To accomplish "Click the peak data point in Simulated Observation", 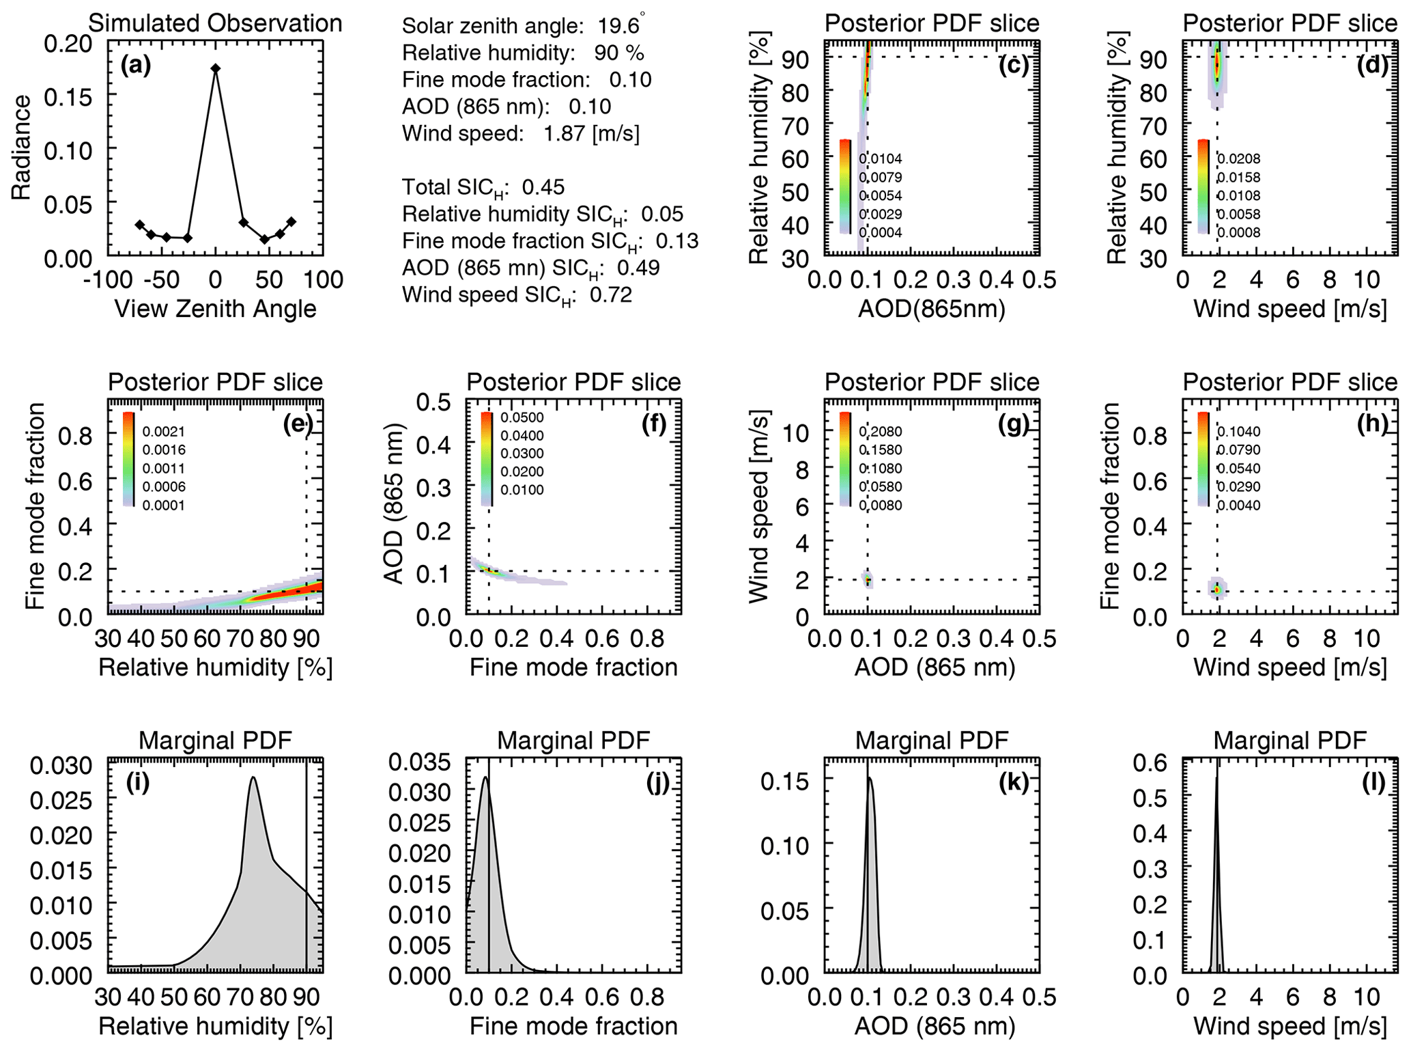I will click(216, 68).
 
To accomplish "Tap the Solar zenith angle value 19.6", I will click(618, 26).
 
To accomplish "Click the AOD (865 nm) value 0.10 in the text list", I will click(590, 107).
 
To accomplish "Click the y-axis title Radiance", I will click(22, 148).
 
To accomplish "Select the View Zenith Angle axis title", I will click(215, 309).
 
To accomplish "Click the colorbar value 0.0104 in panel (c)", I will click(881, 159).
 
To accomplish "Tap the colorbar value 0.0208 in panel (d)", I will click(1239, 159).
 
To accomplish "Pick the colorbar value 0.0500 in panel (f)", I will click(523, 418).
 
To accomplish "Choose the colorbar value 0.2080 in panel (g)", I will click(881, 432).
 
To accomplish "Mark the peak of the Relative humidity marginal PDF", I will click(253, 777).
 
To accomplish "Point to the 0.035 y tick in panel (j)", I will click(420, 762).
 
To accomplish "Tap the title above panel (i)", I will click(215, 740).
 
